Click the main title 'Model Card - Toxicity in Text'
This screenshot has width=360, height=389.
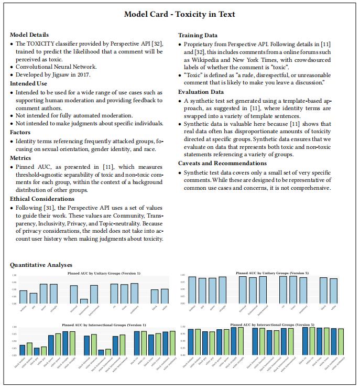click(x=179, y=14)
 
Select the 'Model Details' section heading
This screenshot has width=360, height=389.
click(x=29, y=35)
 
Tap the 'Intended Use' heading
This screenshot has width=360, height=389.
click(x=29, y=83)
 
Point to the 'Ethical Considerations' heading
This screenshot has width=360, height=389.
click(x=42, y=199)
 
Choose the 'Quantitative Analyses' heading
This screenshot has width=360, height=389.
click(x=41, y=265)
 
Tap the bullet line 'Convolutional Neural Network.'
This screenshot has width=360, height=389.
click(x=56, y=67)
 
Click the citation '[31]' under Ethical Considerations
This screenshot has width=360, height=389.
click(x=51, y=208)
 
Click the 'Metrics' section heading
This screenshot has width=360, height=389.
click(x=21, y=158)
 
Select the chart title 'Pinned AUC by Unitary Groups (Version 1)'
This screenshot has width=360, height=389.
click(x=104, y=274)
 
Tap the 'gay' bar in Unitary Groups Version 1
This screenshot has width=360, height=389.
click(x=33, y=298)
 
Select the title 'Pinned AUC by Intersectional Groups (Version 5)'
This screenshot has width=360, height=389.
click(x=273, y=325)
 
